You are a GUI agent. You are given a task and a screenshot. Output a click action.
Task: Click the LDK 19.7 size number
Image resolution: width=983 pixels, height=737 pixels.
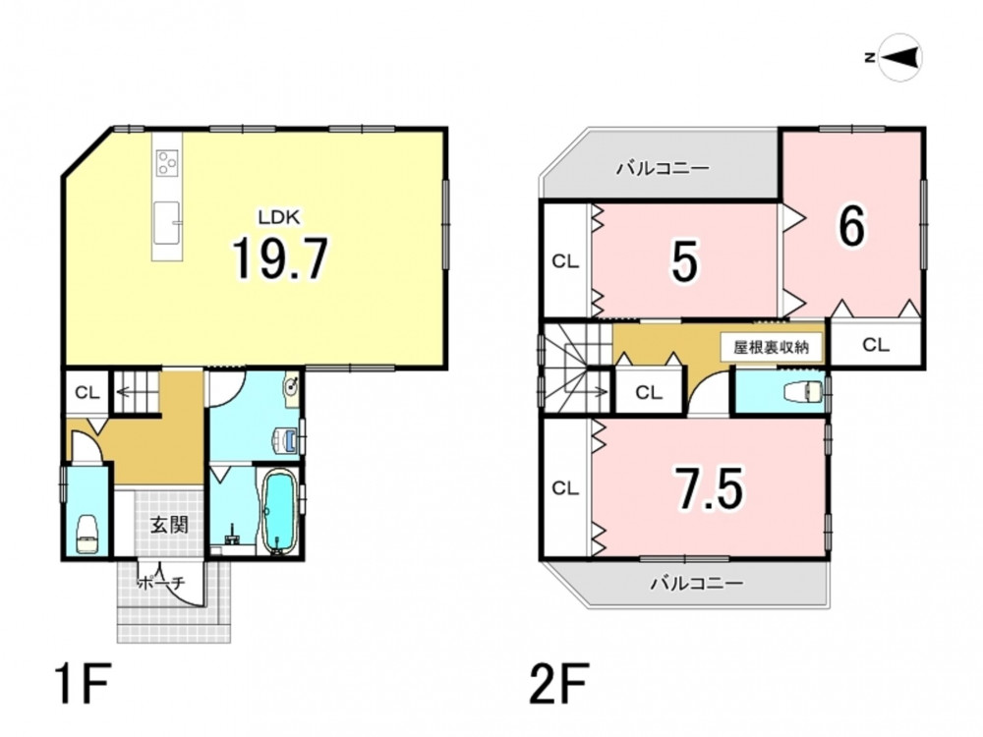280,258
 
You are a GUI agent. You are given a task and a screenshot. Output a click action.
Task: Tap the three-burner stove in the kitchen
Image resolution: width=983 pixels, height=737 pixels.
167,163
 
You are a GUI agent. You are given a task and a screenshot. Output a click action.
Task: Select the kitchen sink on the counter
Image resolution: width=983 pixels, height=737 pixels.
167,222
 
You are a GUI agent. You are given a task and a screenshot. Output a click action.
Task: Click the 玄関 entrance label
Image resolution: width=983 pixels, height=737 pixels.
169,524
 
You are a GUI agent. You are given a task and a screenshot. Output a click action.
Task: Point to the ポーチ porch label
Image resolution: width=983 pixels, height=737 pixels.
161,583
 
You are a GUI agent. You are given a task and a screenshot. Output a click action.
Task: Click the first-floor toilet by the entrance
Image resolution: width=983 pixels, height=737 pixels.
87,534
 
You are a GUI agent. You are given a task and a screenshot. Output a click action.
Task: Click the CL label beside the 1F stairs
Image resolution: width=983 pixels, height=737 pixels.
87,393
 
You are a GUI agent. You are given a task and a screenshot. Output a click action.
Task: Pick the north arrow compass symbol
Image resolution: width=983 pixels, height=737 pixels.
899,58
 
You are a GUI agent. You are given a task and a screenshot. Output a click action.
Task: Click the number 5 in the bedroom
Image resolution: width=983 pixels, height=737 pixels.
683,261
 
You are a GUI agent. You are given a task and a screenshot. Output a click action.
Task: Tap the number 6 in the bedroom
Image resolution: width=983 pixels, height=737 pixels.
851,226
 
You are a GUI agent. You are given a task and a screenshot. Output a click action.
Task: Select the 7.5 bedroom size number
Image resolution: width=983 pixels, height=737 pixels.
710,487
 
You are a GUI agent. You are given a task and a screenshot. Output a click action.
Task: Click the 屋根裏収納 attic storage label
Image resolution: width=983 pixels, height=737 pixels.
771,347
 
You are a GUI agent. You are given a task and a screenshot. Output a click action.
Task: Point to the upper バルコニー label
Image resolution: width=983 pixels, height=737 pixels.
663,168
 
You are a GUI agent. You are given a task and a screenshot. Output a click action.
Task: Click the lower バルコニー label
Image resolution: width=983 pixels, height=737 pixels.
697,584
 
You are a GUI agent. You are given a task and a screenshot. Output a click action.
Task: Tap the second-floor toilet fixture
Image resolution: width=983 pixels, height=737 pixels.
803,391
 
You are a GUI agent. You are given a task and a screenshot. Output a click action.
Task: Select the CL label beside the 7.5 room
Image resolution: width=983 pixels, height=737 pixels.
565,487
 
